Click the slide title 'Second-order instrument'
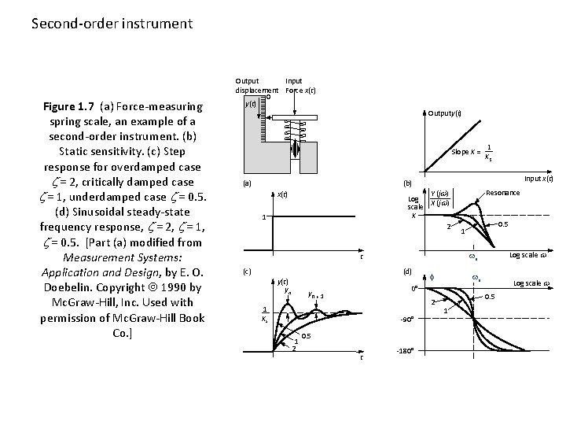112,24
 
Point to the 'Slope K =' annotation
465,152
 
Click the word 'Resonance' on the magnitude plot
502,193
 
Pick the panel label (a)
246,183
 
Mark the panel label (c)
246,272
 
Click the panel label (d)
407,272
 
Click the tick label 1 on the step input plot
264,218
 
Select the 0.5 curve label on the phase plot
489,297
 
